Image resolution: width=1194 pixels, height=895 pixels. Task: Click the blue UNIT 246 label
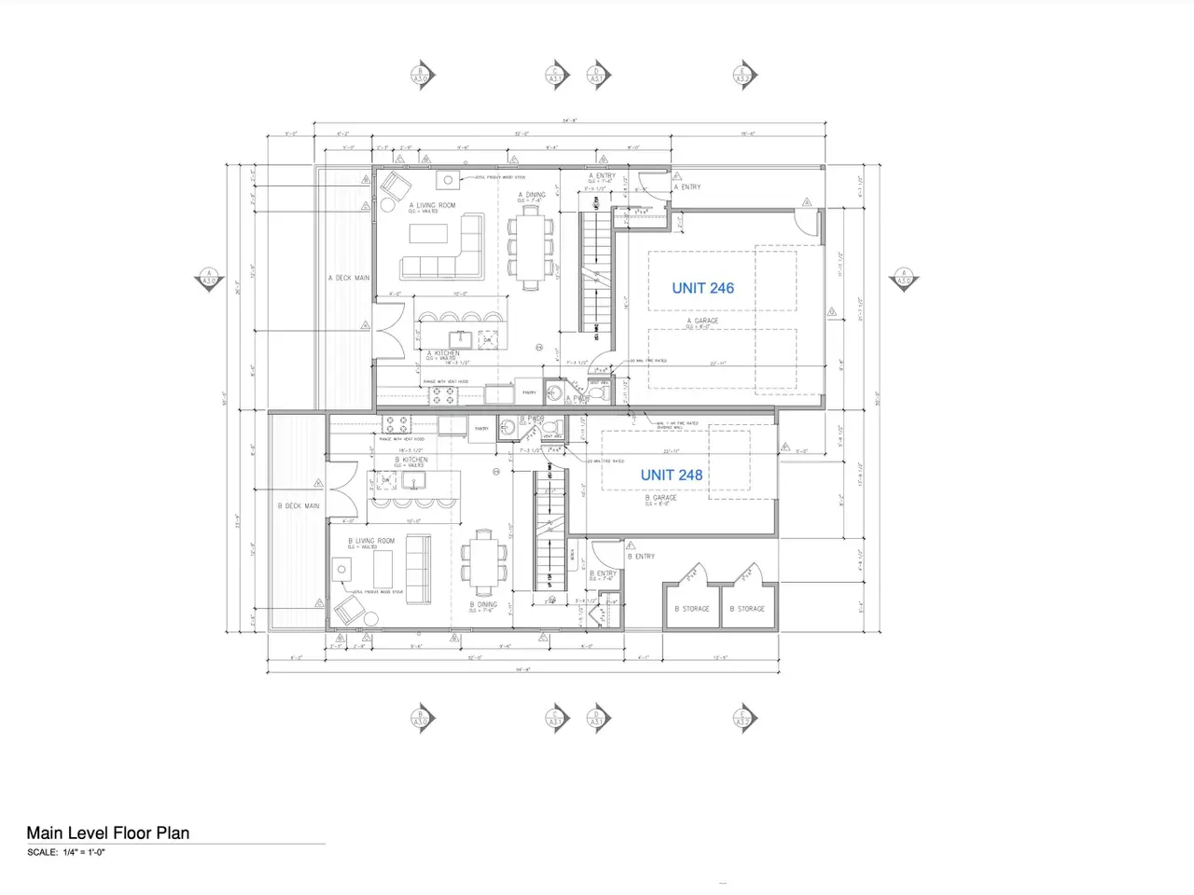point(702,288)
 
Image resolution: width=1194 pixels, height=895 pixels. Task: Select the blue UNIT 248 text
point(671,475)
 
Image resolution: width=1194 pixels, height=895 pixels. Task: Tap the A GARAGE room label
point(702,321)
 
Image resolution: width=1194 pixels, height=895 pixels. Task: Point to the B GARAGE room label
point(661,498)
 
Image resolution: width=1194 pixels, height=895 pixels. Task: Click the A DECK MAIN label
point(349,278)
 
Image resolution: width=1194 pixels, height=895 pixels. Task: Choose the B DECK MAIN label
point(298,506)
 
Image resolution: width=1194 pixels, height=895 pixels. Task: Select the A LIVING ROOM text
point(433,205)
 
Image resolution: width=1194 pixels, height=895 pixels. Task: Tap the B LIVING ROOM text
point(371,541)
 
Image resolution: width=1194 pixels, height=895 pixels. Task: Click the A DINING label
point(533,195)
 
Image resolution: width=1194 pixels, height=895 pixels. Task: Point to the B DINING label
point(483,604)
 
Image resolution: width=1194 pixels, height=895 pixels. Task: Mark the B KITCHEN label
point(411,460)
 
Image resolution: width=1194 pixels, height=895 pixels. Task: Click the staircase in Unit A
point(594,270)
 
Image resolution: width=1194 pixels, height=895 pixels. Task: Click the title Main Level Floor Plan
point(108,833)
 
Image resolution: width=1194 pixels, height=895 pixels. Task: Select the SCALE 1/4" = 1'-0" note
point(66,852)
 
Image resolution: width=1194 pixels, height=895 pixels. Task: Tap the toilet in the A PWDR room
point(603,393)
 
